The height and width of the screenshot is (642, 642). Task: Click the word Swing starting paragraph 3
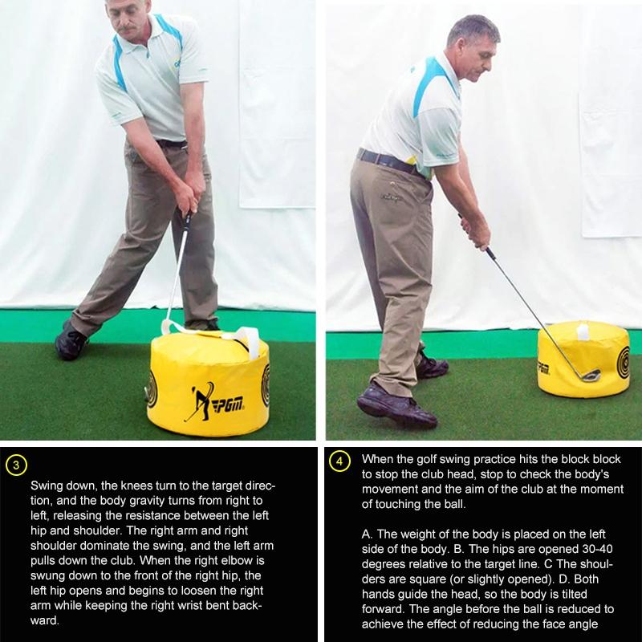[46, 486]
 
